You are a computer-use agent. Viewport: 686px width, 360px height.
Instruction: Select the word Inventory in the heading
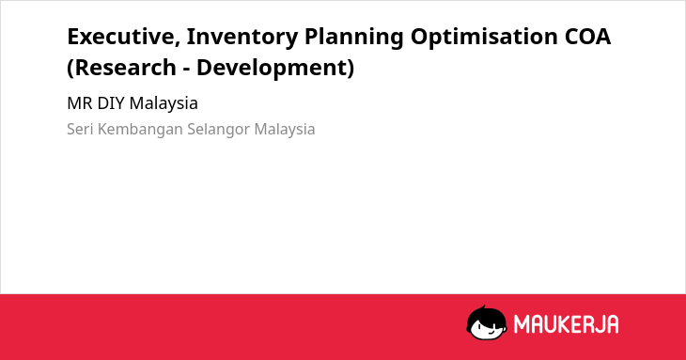point(242,38)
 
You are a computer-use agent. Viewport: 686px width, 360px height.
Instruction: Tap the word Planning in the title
point(353,38)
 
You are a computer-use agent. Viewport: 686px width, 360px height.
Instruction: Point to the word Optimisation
point(484,38)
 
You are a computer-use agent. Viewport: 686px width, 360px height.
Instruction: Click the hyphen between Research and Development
point(186,70)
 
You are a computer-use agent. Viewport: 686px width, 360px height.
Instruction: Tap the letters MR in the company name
point(80,103)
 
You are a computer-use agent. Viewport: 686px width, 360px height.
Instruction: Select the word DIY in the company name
point(111,103)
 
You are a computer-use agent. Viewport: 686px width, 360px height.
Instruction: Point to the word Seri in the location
point(80,130)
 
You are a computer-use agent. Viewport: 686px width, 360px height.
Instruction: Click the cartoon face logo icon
point(487,323)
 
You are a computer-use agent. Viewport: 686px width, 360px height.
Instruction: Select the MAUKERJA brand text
point(566,324)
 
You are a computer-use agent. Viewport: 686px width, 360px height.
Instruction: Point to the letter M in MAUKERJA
point(522,324)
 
